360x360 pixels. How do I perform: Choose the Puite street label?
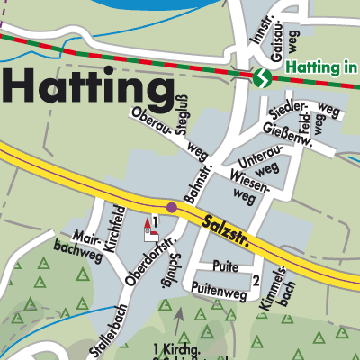tap(225, 265)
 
